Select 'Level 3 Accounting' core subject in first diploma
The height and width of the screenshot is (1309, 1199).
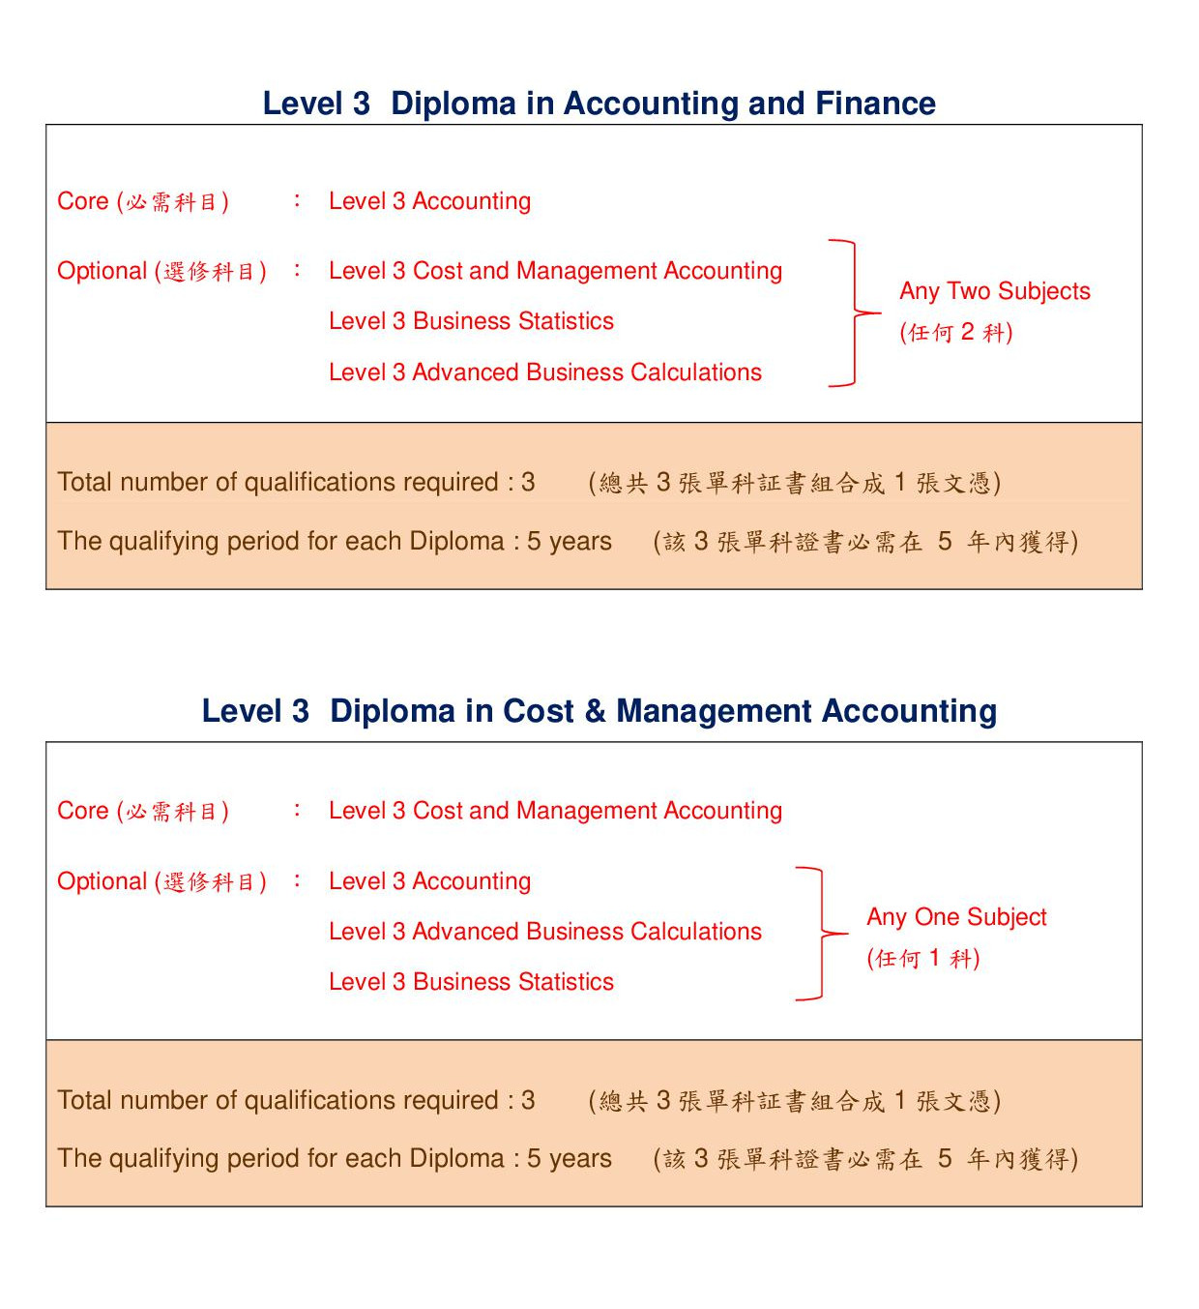pyautogui.click(x=429, y=201)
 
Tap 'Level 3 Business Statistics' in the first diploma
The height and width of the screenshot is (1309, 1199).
pyautogui.click(x=471, y=321)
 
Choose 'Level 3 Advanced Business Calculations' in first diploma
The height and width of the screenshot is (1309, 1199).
pyautogui.click(x=544, y=372)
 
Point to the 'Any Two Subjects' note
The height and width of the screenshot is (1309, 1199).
pyautogui.click(x=994, y=291)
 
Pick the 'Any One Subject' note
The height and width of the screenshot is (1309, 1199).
pyautogui.click(x=956, y=917)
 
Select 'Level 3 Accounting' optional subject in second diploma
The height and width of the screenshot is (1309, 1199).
pyautogui.click(x=429, y=881)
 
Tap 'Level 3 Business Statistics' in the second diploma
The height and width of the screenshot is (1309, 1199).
pyautogui.click(x=471, y=982)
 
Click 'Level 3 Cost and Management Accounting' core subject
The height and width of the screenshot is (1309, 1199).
pyautogui.click(x=555, y=811)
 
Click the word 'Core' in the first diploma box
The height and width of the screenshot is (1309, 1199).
pyautogui.click(x=83, y=201)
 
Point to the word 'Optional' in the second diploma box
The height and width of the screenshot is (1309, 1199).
pyautogui.click(x=102, y=881)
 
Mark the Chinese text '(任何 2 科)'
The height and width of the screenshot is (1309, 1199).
pyautogui.click(x=956, y=333)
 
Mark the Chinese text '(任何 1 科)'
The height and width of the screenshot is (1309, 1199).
pyautogui.click(x=923, y=959)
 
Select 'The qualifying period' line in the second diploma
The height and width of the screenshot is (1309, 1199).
pyautogui.click(x=334, y=1158)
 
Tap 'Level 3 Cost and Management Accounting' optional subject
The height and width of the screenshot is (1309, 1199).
pyautogui.click(x=555, y=271)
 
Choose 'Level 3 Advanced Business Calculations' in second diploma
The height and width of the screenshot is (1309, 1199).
pyautogui.click(x=544, y=932)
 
